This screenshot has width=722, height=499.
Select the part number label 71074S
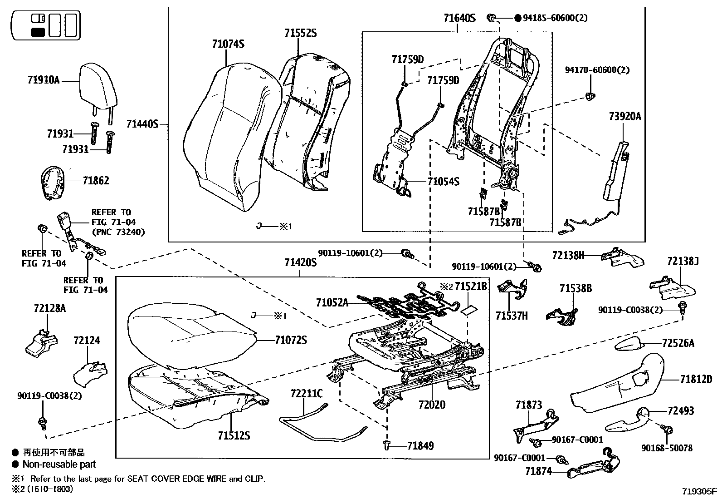[228, 44]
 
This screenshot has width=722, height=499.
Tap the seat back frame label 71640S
[459, 18]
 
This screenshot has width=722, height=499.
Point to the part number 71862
[96, 181]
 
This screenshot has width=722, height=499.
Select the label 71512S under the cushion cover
[234, 436]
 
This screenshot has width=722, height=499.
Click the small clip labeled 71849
[387, 445]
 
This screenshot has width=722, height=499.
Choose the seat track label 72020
[432, 405]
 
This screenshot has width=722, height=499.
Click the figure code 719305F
[699, 491]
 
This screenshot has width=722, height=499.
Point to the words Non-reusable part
[59, 464]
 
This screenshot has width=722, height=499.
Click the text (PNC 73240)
[118, 232]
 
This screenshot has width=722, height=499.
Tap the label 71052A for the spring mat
[332, 302]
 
